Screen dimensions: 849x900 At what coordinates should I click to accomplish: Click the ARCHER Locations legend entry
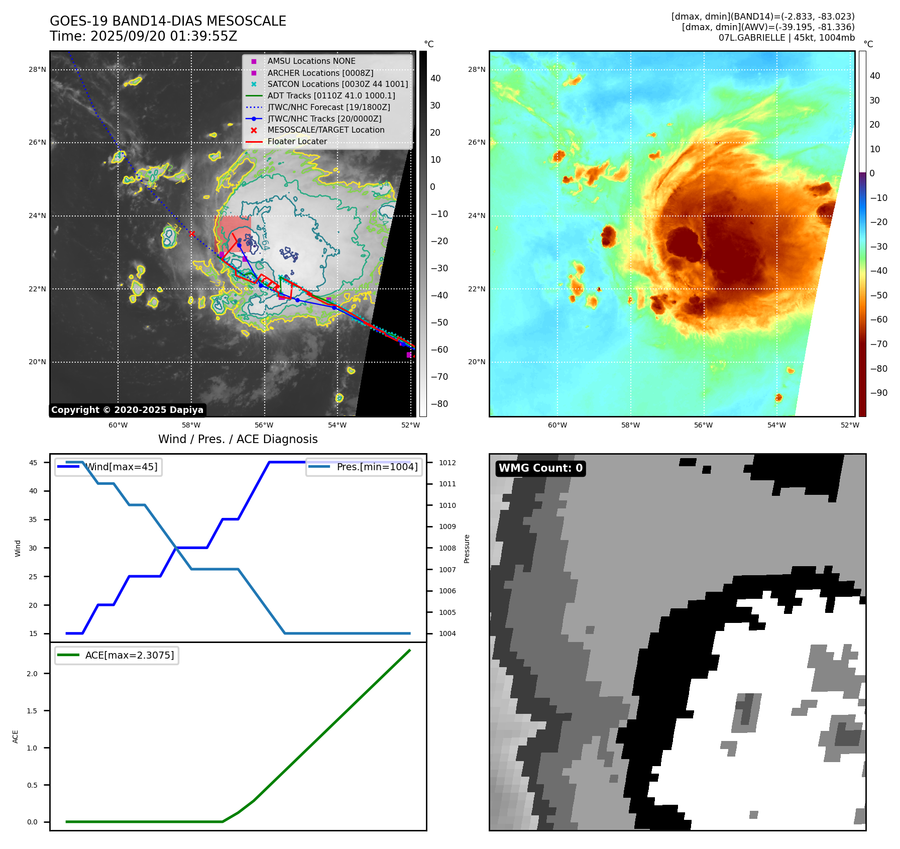click(x=320, y=73)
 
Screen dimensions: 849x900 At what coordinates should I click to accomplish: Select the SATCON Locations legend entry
click(x=338, y=84)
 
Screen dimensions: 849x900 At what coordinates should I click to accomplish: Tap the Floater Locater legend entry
click(x=297, y=142)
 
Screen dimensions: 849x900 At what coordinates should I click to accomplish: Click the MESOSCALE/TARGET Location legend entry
click(x=325, y=130)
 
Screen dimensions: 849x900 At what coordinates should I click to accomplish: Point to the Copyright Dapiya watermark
click(x=127, y=410)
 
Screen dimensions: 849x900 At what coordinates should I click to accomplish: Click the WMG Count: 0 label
click(x=540, y=468)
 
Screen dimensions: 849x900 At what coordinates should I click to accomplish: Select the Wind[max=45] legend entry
click(x=121, y=467)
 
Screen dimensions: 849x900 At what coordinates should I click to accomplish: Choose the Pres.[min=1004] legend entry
click(x=377, y=467)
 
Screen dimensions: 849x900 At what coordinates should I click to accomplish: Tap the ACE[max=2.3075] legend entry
click(x=129, y=655)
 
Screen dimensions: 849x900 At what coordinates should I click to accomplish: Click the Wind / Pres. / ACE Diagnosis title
click(x=238, y=439)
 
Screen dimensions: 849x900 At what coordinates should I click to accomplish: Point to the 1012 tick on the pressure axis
click(x=447, y=463)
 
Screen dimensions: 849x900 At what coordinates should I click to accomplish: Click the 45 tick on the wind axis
click(x=33, y=463)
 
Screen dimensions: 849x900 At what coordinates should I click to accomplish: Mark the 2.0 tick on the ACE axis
click(x=32, y=674)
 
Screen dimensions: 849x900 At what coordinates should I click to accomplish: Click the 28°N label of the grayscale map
click(x=37, y=69)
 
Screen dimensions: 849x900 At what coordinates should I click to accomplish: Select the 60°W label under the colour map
click(x=557, y=425)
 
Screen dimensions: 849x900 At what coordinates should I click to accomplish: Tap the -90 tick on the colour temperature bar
click(x=878, y=393)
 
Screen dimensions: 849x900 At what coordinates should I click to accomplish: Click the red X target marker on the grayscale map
click(x=192, y=234)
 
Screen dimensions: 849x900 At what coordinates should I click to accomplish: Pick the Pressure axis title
click(x=467, y=548)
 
